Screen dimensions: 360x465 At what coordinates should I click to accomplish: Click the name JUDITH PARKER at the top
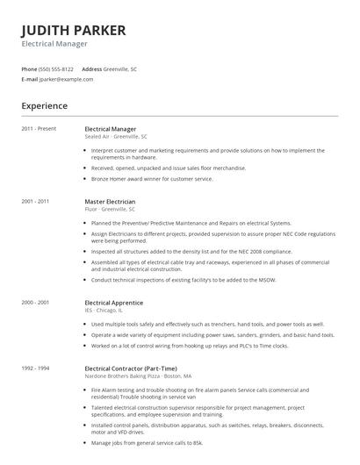click(74, 30)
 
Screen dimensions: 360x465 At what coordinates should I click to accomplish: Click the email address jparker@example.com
click(67, 79)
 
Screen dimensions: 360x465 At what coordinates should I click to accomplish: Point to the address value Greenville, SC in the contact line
click(121, 68)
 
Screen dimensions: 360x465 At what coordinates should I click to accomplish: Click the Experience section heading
click(45, 106)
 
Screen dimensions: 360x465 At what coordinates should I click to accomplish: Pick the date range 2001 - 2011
click(37, 201)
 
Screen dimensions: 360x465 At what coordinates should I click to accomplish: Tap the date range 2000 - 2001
click(37, 302)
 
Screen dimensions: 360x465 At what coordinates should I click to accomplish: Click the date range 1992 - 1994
click(37, 368)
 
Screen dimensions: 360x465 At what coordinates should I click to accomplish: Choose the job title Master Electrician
click(111, 201)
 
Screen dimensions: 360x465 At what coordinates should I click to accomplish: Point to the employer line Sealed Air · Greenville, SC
click(116, 137)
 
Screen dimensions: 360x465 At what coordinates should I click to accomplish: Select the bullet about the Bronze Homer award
click(152, 178)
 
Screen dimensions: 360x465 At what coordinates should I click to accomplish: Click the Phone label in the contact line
click(29, 68)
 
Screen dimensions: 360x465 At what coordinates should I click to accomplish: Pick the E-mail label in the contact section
click(30, 79)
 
